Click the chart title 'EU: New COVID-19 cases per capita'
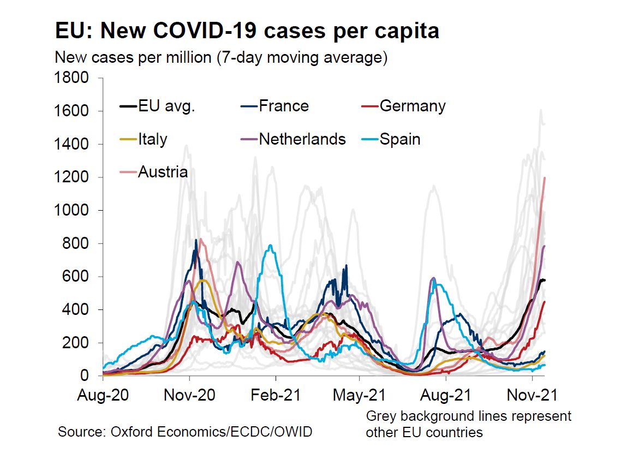click(247, 31)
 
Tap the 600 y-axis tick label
click(77, 277)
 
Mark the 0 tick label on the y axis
click(86, 376)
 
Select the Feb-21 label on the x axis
click(276, 395)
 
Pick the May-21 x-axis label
click(360, 395)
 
